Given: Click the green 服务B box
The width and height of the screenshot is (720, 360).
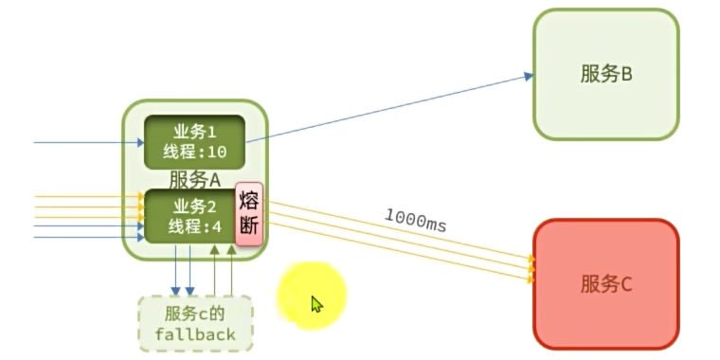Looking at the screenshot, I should (606, 74).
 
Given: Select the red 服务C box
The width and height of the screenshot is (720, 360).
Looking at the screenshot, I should (606, 284).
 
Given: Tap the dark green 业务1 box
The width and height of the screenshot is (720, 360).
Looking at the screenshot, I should (194, 142).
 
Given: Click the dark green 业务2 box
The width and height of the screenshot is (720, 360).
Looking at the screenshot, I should (188, 216).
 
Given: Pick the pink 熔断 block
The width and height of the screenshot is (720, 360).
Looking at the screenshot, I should (248, 214).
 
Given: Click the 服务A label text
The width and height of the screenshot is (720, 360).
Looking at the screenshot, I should (194, 179).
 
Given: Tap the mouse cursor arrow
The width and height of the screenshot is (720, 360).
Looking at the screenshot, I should (316, 303).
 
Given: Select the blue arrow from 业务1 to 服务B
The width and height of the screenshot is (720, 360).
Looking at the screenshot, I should (388, 107).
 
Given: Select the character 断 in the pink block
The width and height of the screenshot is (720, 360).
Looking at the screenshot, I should (249, 226).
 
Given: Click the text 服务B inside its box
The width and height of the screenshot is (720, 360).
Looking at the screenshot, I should (606, 74).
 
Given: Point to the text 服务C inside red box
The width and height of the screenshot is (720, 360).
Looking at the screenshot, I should (606, 283).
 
